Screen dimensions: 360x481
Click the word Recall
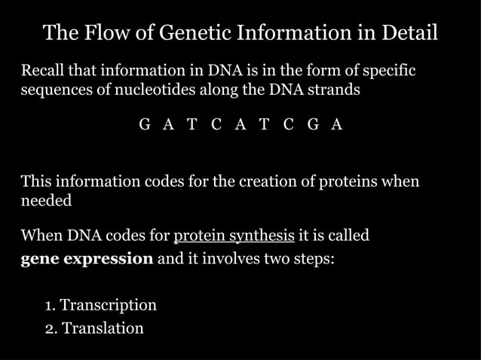click(44, 72)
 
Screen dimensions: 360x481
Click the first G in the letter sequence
click(145, 125)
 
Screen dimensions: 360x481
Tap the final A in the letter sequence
click(337, 125)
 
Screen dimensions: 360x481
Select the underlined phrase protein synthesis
click(234, 236)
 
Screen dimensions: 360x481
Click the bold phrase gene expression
click(87, 258)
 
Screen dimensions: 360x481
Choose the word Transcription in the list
click(108, 305)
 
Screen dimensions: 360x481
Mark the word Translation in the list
click(103, 328)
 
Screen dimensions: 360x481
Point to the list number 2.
click(50, 329)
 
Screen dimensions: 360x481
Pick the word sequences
click(53, 90)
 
